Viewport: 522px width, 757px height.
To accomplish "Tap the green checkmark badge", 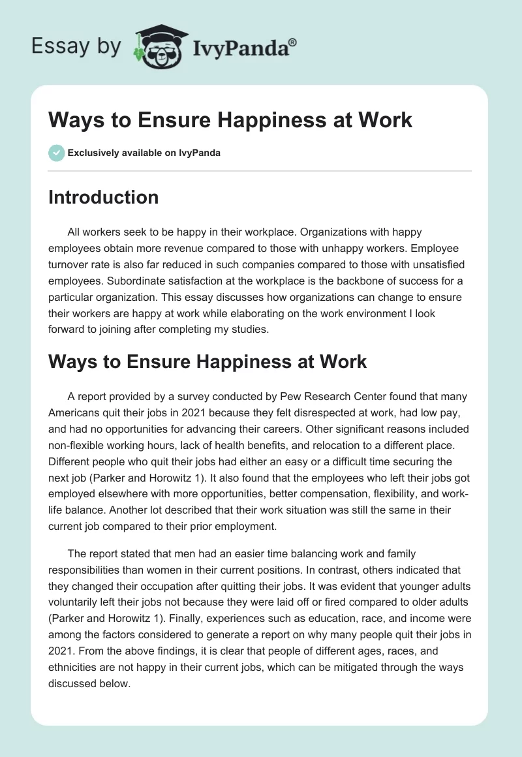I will click(x=56, y=153).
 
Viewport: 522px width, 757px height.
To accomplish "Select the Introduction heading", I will click(x=103, y=197).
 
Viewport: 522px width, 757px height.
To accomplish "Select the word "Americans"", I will click(x=77, y=412).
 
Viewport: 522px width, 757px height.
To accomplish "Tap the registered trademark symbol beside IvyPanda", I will click(x=293, y=42).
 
